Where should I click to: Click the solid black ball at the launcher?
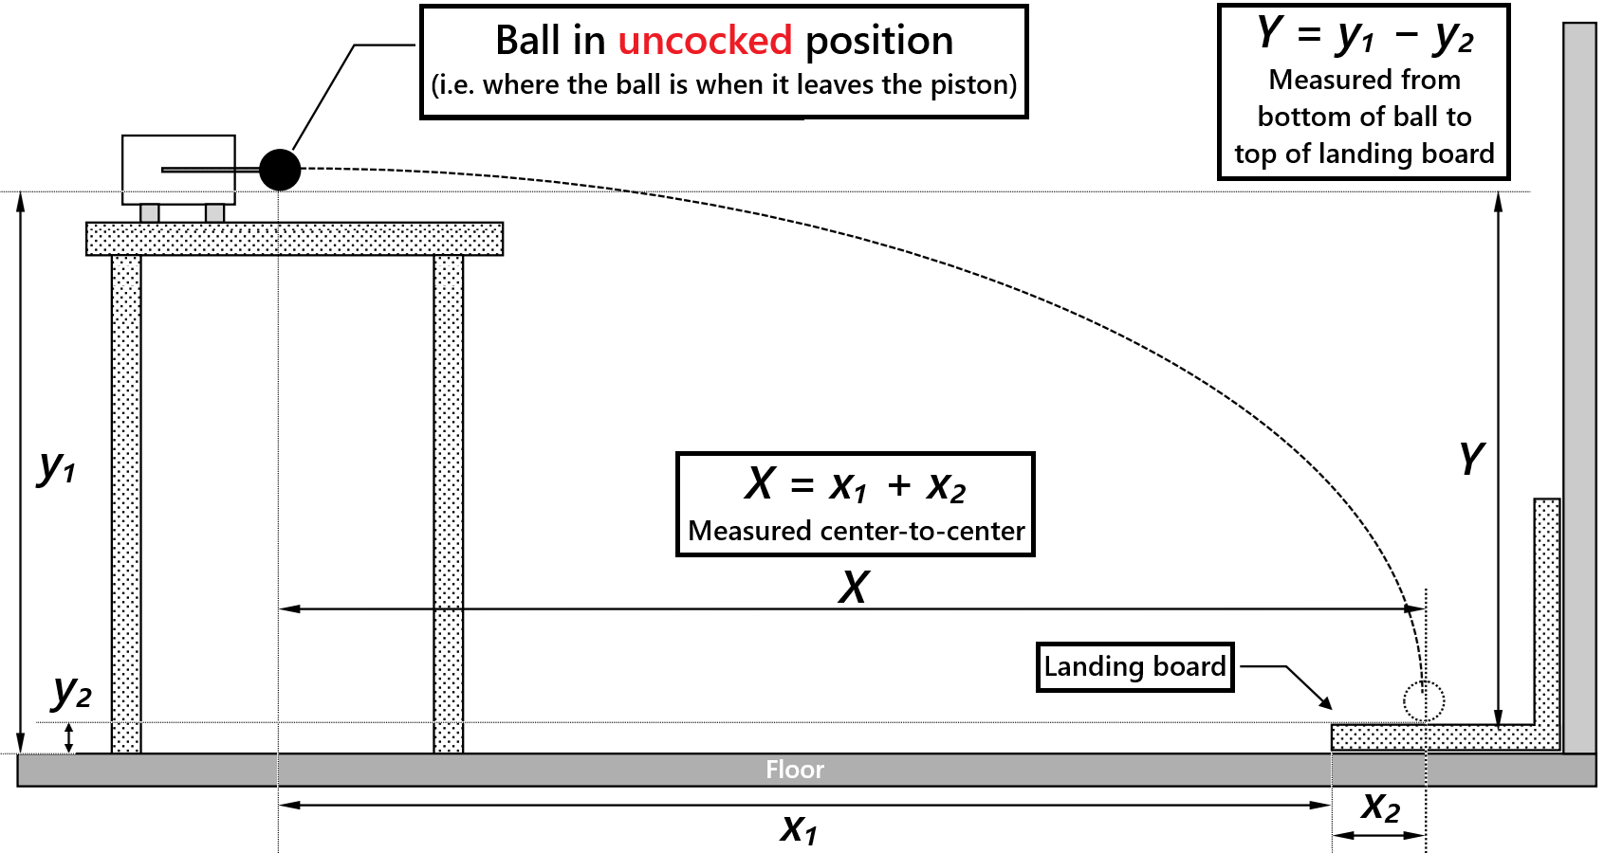click(x=280, y=170)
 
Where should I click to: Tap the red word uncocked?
click(x=704, y=41)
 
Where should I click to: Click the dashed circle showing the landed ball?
click(x=1424, y=701)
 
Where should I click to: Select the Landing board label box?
click(x=1134, y=667)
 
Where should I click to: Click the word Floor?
click(x=795, y=770)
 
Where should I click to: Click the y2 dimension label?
click(x=72, y=692)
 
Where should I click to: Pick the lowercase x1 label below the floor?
click(x=799, y=828)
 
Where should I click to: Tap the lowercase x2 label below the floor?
click(x=1380, y=808)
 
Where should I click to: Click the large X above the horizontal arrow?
click(x=854, y=588)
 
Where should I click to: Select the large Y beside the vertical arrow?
click(x=1471, y=459)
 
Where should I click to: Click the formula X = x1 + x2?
click(x=855, y=485)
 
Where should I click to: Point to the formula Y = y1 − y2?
click(x=1364, y=36)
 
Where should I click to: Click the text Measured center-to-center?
click(x=856, y=531)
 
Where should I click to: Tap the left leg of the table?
click(x=126, y=502)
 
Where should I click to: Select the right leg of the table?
click(x=449, y=502)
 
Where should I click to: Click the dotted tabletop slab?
click(x=294, y=239)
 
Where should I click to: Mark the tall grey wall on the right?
click(x=1579, y=379)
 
